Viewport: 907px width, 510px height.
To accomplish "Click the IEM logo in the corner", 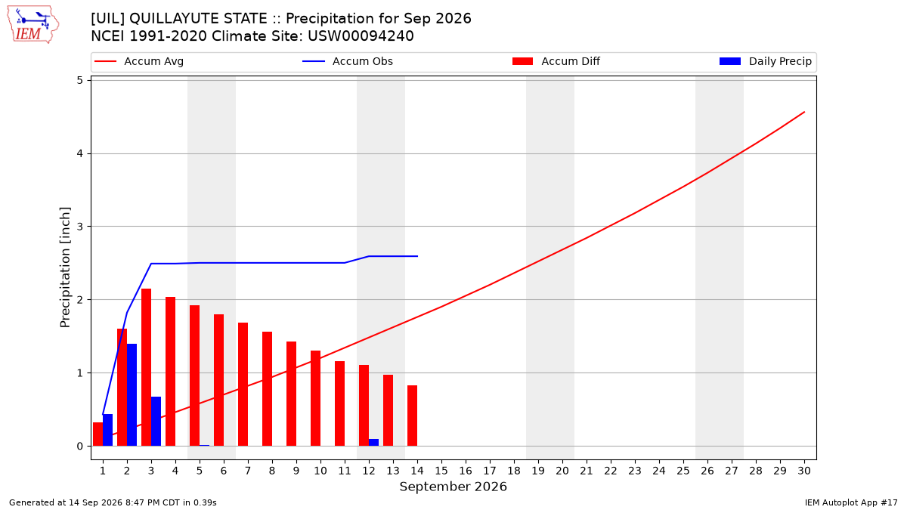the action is click(x=33, y=25).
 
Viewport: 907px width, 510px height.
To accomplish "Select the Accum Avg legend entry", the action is click(x=139, y=61).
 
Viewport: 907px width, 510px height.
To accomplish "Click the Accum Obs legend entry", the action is click(x=348, y=61).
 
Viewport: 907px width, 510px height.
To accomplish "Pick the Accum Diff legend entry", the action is click(x=556, y=61).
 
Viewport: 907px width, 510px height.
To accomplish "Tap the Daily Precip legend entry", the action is click(x=766, y=61).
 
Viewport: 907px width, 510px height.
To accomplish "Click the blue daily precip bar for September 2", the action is click(x=132, y=395).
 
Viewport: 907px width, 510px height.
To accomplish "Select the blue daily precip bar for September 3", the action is click(x=156, y=422).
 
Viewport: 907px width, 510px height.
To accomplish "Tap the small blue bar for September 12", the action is click(x=373, y=443).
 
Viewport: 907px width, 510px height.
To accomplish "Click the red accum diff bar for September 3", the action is click(x=146, y=367).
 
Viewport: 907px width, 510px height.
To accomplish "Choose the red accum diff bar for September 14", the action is click(x=412, y=416).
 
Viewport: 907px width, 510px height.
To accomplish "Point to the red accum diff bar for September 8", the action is click(x=268, y=389).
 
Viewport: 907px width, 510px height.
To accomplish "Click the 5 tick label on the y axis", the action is click(x=79, y=81).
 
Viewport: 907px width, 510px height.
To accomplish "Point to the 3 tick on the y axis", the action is click(x=79, y=227).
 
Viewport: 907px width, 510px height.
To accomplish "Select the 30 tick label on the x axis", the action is click(x=804, y=471).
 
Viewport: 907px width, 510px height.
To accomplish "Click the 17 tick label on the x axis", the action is click(x=490, y=471).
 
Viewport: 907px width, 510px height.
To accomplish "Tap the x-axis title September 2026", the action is click(x=453, y=487).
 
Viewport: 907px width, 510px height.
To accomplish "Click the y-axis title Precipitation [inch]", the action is click(x=65, y=267).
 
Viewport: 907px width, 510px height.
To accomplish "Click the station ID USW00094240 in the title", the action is click(x=361, y=36).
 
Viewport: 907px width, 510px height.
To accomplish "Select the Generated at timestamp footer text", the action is click(x=113, y=502).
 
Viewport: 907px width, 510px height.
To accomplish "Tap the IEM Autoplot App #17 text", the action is click(x=851, y=502).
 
